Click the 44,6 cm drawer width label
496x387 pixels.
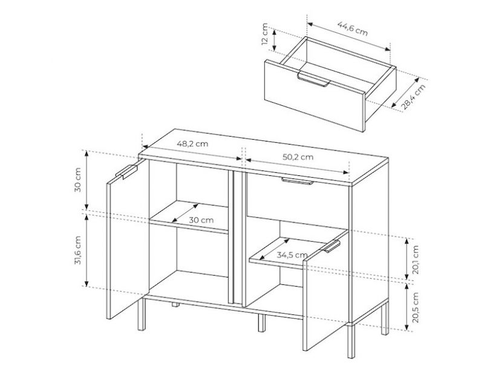tap(353, 28)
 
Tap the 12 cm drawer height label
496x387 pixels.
tap(265, 34)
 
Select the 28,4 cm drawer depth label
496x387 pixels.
tap(414, 97)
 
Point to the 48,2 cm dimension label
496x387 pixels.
tap(192, 144)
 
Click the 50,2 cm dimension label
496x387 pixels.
tap(298, 157)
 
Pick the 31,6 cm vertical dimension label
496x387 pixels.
tap(78, 250)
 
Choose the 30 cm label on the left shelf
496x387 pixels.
tap(201, 220)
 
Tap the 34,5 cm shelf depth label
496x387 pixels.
tap(292, 255)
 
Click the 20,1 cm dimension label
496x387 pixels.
tap(416, 259)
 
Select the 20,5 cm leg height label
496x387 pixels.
tap(416, 307)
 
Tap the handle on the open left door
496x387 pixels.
tap(126, 172)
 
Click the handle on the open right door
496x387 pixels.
tap(332, 246)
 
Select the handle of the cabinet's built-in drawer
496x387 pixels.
tap(298, 181)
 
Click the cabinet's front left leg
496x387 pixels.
tap(142, 314)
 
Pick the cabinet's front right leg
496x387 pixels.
tap(351, 340)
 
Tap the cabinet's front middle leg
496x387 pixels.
tap(261, 323)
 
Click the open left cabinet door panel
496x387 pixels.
tap(128, 239)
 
